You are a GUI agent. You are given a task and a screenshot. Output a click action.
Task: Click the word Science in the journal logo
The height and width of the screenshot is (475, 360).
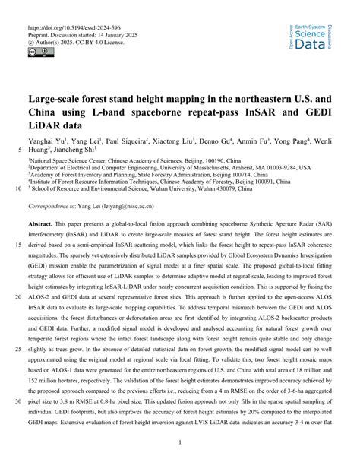point(314,34)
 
